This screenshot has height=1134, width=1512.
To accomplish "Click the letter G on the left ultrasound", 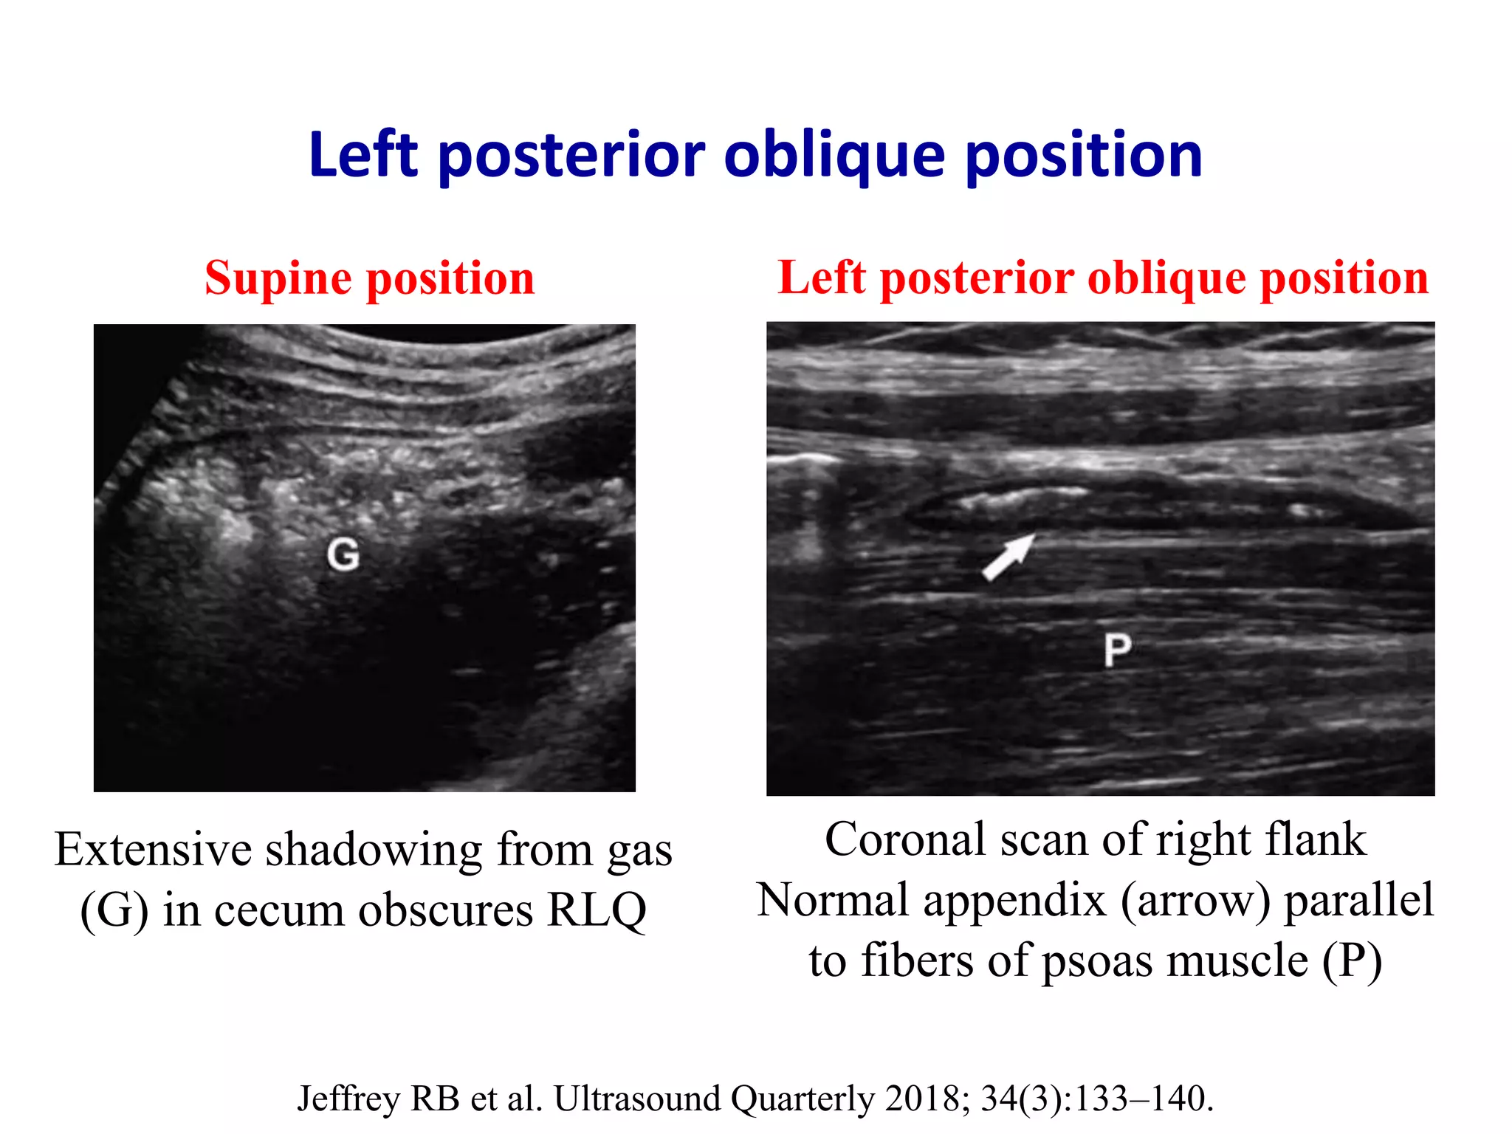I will [343, 554].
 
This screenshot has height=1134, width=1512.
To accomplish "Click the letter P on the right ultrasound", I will [1117, 650].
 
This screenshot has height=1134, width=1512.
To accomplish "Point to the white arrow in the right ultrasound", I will [1008, 557].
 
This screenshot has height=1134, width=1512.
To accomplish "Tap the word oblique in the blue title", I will [834, 156].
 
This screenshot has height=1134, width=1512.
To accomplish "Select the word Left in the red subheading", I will [821, 279].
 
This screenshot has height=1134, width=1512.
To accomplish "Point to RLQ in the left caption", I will [597, 910].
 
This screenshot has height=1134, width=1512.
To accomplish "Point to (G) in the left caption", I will [114, 910].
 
